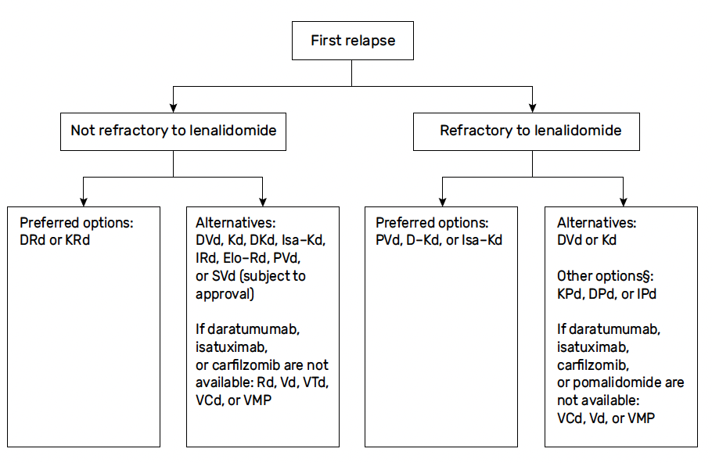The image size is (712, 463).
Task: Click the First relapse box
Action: point(352,41)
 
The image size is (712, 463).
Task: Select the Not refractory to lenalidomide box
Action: point(173,131)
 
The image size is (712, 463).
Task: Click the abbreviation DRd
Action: point(32,240)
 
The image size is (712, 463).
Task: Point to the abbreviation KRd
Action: point(77,240)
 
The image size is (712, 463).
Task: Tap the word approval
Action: point(223,294)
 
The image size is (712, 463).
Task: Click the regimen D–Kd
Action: point(423,240)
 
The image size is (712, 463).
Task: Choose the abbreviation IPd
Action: point(646,294)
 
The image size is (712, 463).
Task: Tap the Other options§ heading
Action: point(606,276)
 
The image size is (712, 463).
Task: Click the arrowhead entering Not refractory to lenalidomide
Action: point(173,108)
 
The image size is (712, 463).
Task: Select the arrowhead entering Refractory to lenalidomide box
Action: point(532,108)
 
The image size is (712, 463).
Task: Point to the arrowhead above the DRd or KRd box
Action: point(83,202)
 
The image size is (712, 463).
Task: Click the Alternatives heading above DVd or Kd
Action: point(597,223)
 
